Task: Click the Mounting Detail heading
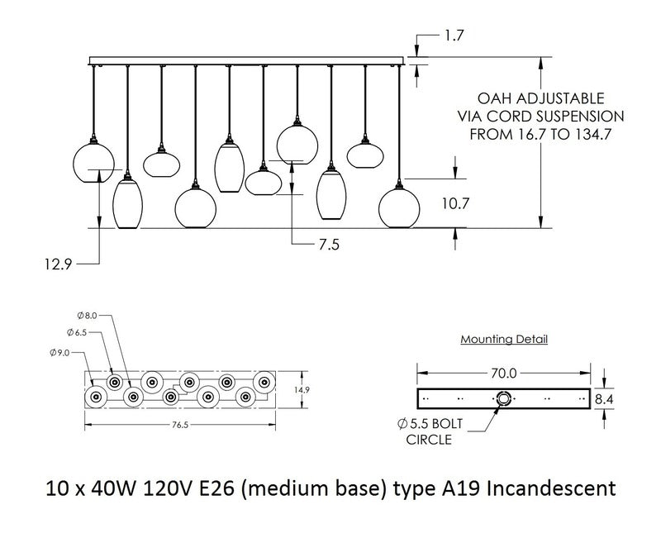[503, 339]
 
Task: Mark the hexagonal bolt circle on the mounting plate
[503, 398]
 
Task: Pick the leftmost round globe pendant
[93, 160]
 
